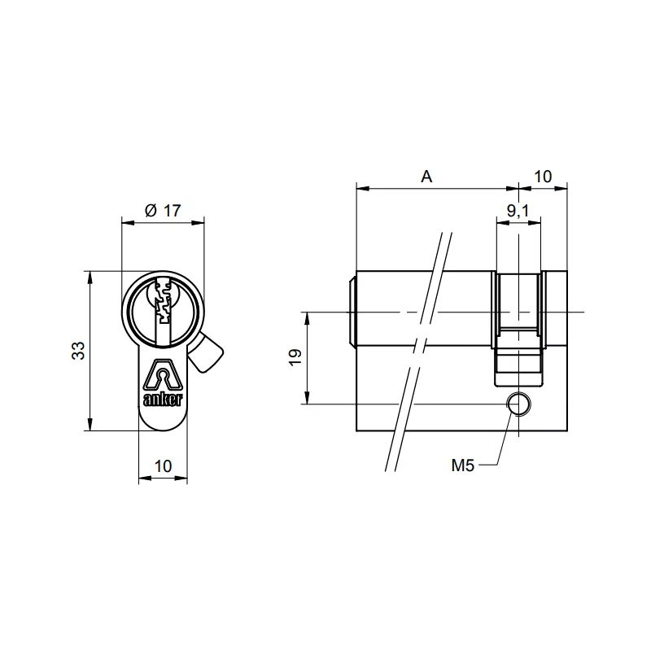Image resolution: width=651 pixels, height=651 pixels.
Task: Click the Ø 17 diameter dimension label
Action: click(162, 210)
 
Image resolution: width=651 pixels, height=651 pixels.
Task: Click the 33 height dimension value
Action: click(78, 351)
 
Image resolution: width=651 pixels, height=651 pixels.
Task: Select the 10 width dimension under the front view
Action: click(163, 466)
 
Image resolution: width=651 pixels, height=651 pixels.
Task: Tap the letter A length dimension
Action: click(426, 176)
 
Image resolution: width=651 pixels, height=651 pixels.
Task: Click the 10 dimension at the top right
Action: click(544, 176)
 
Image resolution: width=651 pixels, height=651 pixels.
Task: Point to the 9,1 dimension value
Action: click(518, 212)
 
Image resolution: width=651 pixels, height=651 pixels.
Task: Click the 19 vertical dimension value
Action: click(295, 357)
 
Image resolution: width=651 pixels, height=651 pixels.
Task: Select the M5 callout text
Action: click(462, 465)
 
